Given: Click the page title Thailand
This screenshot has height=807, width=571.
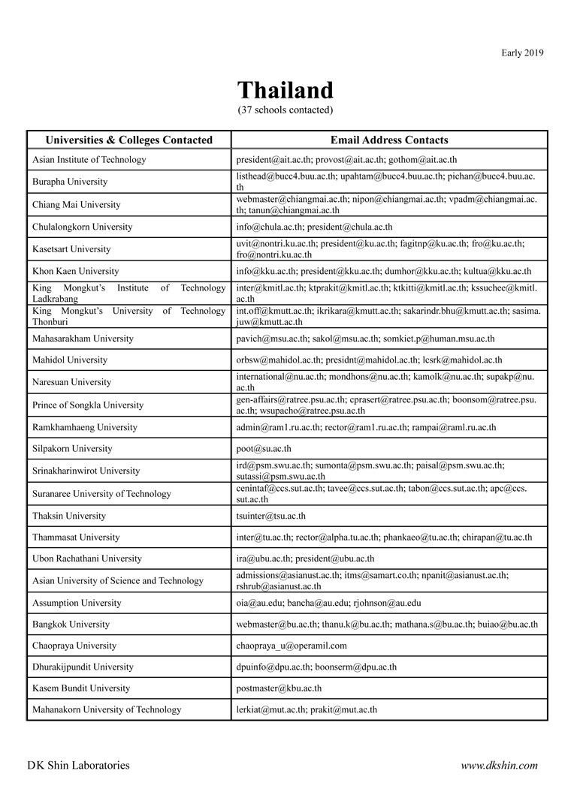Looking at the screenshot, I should point(285,91).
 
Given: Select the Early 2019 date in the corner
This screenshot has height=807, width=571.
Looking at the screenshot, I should point(522,53).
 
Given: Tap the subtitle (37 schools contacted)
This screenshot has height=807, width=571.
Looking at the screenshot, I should point(285,110).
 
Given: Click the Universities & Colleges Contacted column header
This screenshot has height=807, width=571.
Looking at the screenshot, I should point(129,140).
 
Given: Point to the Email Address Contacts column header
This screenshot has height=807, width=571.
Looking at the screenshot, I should point(389,140).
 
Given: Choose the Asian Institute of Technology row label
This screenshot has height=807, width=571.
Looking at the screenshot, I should point(89,160).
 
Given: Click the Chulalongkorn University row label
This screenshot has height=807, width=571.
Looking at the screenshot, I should point(82,227).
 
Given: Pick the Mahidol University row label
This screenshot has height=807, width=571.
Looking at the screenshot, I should point(70,360).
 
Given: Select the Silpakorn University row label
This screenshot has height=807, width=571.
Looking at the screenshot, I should point(72,449).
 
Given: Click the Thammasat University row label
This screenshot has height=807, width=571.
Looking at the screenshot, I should point(76,537).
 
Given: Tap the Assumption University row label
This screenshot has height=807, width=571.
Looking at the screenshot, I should point(77,603).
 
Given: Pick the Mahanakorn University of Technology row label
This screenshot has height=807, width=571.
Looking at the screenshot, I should point(107,709).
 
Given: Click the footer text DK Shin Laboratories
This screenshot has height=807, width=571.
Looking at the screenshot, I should point(78,766).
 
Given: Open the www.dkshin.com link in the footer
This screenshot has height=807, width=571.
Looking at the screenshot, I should point(499,766).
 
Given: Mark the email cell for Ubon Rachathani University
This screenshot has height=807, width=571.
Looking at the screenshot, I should point(305,559).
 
